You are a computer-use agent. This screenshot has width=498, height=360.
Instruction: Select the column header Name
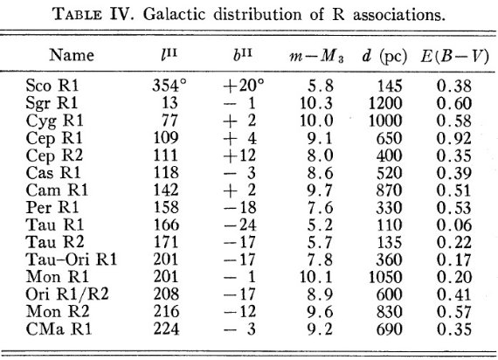[x=72, y=55]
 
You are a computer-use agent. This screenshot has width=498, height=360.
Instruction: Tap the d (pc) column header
[x=384, y=57]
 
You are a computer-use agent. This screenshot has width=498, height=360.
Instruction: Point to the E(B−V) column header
[x=454, y=57]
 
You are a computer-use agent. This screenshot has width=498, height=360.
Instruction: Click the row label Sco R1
[x=52, y=86]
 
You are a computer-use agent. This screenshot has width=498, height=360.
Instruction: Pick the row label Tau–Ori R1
[x=72, y=259]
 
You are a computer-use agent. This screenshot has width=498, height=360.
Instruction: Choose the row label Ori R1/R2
[x=67, y=294]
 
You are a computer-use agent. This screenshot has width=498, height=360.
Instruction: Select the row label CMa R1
[x=59, y=329]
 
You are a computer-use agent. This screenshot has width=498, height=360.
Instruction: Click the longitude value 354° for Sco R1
[x=169, y=86]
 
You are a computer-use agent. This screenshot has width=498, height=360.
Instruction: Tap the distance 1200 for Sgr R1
[x=385, y=103]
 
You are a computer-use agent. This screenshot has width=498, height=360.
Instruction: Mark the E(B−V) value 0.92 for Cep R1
[x=453, y=138]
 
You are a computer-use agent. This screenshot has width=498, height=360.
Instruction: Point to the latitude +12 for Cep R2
[x=239, y=155]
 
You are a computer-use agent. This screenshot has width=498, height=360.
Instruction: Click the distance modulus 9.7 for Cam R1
[x=320, y=190]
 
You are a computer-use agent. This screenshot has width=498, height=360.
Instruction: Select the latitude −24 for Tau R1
[x=239, y=225]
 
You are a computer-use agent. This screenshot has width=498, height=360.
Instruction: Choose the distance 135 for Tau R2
[x=390, y=242]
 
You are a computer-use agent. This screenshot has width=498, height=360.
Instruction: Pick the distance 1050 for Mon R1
[x=385, y=277]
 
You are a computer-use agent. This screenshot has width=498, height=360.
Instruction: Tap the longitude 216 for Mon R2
[x=166, y=311]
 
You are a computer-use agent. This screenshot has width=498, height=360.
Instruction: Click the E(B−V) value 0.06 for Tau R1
[x=453, y=225]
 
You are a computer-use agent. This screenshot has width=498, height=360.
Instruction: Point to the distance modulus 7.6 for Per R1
[x=320, y=207]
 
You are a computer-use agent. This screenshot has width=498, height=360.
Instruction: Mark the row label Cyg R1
[x=54, y=121]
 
